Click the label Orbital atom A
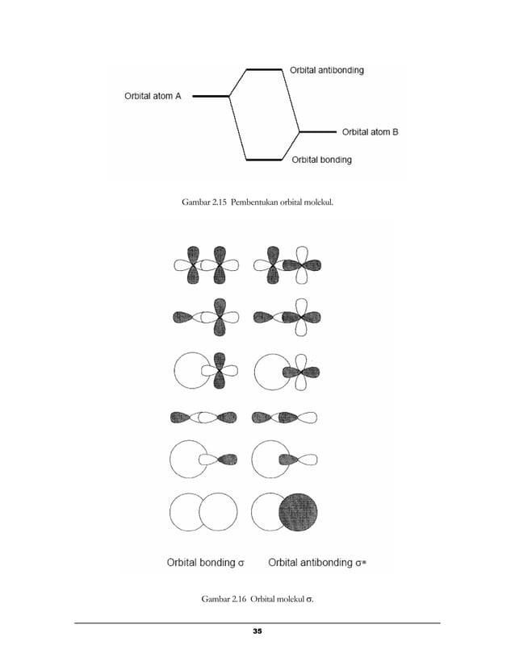pyautogui.click(x=153, y=96)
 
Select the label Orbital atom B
pyautogui.click(x=370, y=131)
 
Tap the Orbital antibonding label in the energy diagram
pyautogui.click(x=326, y=70)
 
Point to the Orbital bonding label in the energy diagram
pyautogui.click(x=321, y=160)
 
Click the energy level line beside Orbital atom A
pyautogui.click(x=211, y=96)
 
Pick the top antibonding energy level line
pyautogui.click(x=264, y=70)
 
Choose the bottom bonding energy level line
pyautogui.click(x=264, y=160)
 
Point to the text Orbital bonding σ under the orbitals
pyautogui.click(x=205, y=562)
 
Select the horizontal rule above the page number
pyautogui.click(x=257, y=622)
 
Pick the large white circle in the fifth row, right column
pyautogui.click(x=270, y=460)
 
